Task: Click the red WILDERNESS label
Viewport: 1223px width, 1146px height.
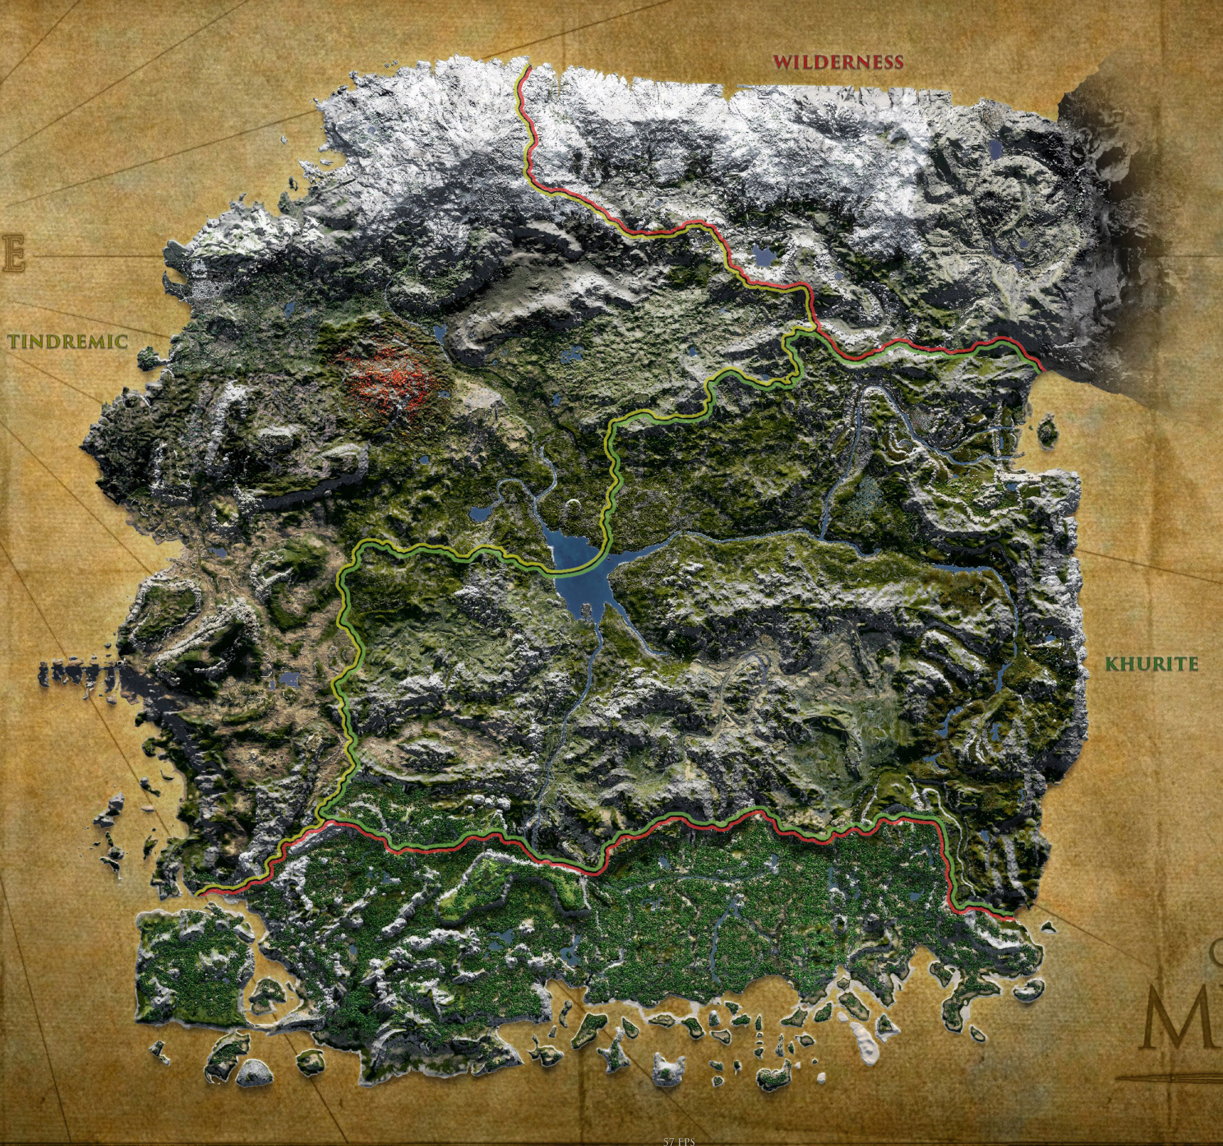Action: point(838,62)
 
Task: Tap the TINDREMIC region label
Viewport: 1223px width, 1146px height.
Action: point(68,342)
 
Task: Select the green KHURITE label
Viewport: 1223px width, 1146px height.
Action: point(1151,664)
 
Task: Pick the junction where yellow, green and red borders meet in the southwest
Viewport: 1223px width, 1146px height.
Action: point(322,821)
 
